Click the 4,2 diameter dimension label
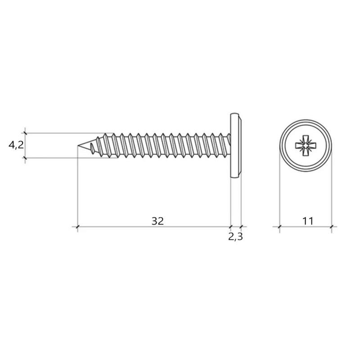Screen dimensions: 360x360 coord(16,145)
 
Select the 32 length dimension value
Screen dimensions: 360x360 coord(157,221)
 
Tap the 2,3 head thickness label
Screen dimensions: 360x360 coord(235,237)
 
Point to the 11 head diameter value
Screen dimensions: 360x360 coord(308,221)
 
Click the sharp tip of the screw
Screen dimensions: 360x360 coord(78,145)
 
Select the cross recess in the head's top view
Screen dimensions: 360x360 coord(306,145)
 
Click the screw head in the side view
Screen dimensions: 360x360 coord(236,145)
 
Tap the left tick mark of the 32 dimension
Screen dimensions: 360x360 coord(77,227)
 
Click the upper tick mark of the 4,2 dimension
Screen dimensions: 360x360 coord(25,133)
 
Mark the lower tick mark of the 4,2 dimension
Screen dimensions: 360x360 coord(25,158)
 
